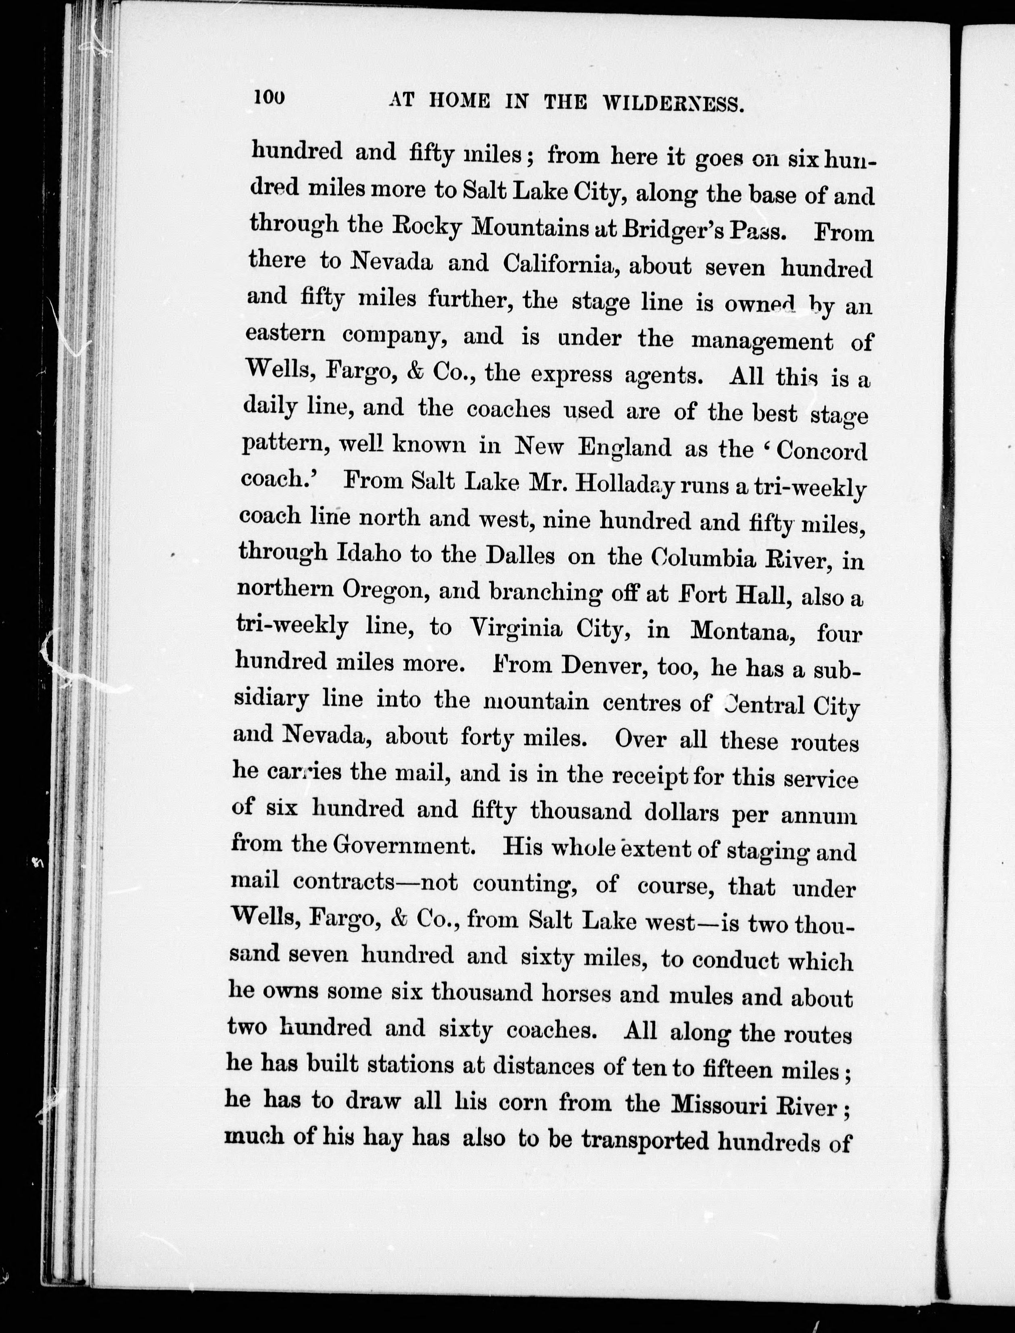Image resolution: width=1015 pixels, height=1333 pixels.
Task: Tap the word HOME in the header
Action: [459, 100]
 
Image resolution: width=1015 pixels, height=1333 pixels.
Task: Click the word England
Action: [625, 448]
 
